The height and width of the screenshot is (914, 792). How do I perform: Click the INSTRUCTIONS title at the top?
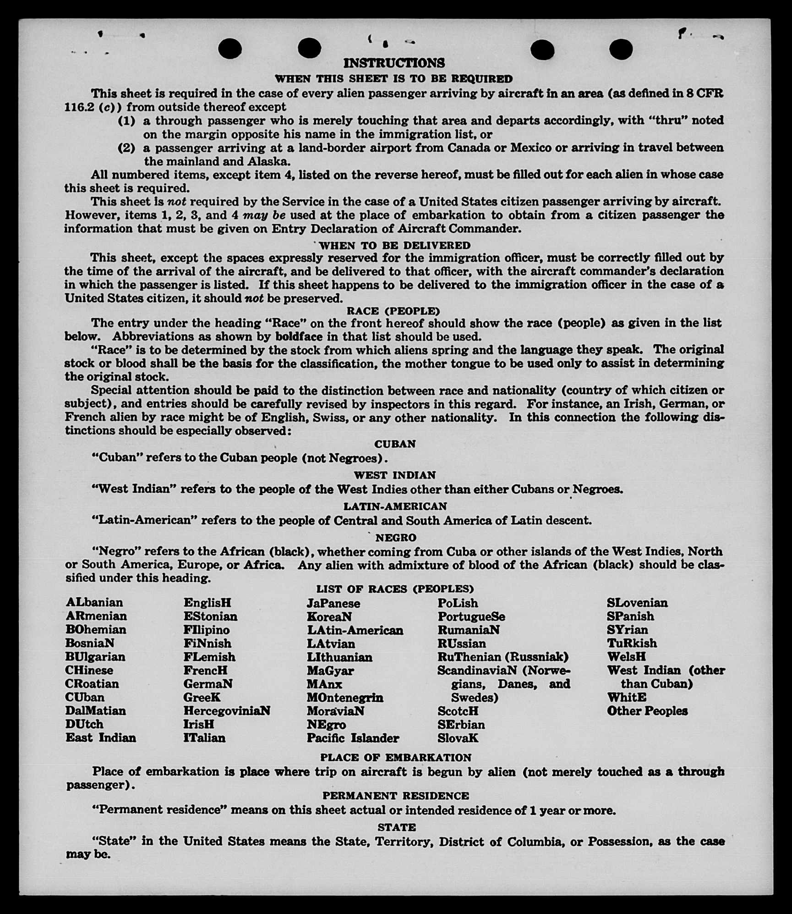[394, 63]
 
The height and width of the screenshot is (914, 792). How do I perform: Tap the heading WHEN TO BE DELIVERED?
[394, 245]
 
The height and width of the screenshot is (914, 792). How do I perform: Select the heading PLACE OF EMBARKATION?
[395, 758]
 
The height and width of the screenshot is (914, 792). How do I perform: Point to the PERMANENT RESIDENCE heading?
[395, 796]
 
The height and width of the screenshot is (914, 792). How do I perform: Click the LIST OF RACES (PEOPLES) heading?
[395, 589]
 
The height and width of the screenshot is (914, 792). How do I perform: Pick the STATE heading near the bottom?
[397, 827]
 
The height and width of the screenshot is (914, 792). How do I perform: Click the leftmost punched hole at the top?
[230, 49]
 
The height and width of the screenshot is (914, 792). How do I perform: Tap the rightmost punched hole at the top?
[621, 49]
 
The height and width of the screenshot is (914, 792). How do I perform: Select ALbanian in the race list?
[94, 602]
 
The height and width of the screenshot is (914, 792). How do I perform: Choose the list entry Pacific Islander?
[353, 738]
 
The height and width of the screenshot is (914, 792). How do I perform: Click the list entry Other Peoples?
[647, 711]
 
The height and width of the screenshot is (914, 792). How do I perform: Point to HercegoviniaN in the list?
[227, 711]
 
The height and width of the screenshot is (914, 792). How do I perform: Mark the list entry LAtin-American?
[355, 630]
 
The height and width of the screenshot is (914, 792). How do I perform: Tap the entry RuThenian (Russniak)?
[503, 657]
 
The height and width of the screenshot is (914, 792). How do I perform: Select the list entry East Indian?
[101, 738]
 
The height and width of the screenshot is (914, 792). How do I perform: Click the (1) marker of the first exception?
[127, 121]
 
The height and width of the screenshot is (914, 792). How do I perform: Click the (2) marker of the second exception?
[127, 148]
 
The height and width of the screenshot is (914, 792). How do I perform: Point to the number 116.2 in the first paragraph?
[79, 107]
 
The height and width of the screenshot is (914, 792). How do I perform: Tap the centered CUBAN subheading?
[395, 444]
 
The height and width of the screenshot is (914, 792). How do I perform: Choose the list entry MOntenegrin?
[345, 698]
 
